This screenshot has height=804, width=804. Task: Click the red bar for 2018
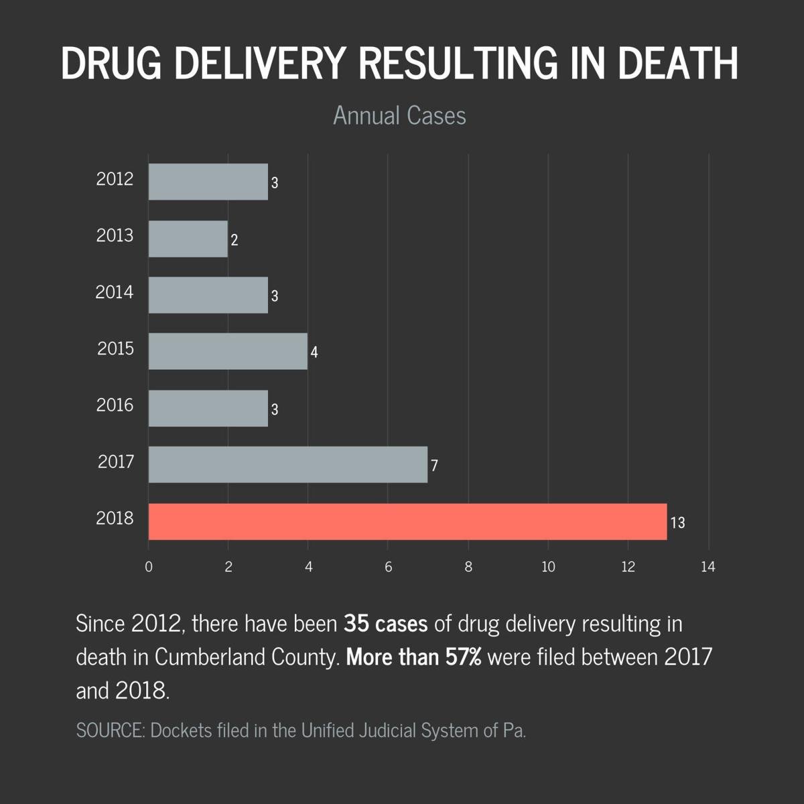point(407,521)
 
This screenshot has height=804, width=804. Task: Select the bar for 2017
point(288,464)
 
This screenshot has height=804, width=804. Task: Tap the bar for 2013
point(188,239)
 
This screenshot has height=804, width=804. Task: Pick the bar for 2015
point(228,351)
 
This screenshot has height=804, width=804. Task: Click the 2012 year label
point(115,180)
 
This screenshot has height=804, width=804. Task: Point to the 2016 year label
point(115,405)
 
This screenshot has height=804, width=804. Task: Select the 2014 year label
point(115,293)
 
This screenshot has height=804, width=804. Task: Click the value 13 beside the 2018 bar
point(677,523)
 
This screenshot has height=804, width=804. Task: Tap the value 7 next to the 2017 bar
point(434,466)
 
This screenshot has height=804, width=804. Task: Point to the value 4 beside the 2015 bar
point(314,352)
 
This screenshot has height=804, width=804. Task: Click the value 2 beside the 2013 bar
point(234,240)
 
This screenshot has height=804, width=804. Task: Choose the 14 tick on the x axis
point(708,567)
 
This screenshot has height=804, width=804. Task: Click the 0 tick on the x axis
point(149,567)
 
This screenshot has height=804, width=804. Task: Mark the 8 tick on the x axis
point(468,567)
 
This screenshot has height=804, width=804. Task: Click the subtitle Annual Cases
point(399,115)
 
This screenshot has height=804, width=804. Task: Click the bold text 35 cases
point(385,624)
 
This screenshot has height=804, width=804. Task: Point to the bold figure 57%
point(463,657)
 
